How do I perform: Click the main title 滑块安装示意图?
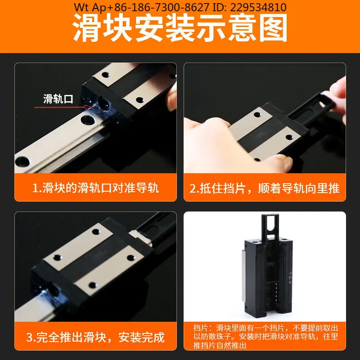(180, 27)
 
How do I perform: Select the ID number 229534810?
(258, 7)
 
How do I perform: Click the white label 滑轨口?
(58, 99)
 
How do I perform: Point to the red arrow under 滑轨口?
(63, 107)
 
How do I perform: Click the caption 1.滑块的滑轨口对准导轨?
(95, 188)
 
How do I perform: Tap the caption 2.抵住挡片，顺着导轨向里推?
(265, 188)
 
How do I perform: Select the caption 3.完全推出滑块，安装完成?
(95, 337)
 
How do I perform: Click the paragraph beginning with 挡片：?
(265, 337)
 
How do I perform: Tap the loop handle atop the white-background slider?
(270, 226)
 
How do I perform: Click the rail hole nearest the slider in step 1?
(88, 120)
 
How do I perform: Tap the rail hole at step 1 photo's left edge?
(22, 162)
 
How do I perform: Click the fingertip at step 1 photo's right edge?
(172, 100)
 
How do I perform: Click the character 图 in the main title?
(273, 28)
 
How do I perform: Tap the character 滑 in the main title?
(87, 28)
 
